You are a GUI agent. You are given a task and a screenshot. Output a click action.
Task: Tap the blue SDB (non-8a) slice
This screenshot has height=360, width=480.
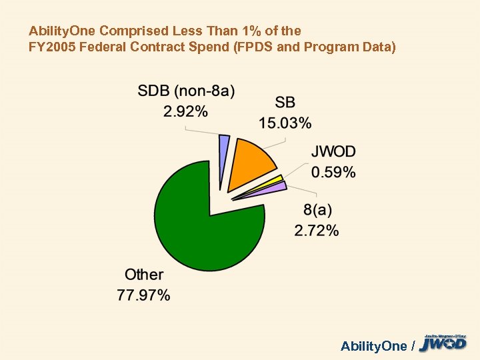coord(224,160)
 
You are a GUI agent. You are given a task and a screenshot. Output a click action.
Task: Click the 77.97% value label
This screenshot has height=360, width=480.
coord(143,294)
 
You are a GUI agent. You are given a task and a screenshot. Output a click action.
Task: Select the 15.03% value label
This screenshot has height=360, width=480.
coord(285,123)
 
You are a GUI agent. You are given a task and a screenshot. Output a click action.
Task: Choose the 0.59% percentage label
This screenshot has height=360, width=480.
coord(333,173)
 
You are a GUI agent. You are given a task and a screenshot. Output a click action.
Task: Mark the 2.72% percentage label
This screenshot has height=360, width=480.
coord(317,231)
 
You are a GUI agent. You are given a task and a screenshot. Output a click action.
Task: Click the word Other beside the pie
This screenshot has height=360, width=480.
coord(144,274)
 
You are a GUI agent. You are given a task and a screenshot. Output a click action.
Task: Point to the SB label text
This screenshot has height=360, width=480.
coord(285,103)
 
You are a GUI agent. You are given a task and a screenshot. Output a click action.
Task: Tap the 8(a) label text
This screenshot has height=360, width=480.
coord(317,211)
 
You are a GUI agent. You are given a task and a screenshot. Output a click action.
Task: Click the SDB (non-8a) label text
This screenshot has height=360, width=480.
coord(186,91)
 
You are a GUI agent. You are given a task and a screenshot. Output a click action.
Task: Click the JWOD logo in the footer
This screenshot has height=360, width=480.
coord(443,343)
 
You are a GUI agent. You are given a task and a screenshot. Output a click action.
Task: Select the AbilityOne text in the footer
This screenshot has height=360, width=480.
coord(373,345)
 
